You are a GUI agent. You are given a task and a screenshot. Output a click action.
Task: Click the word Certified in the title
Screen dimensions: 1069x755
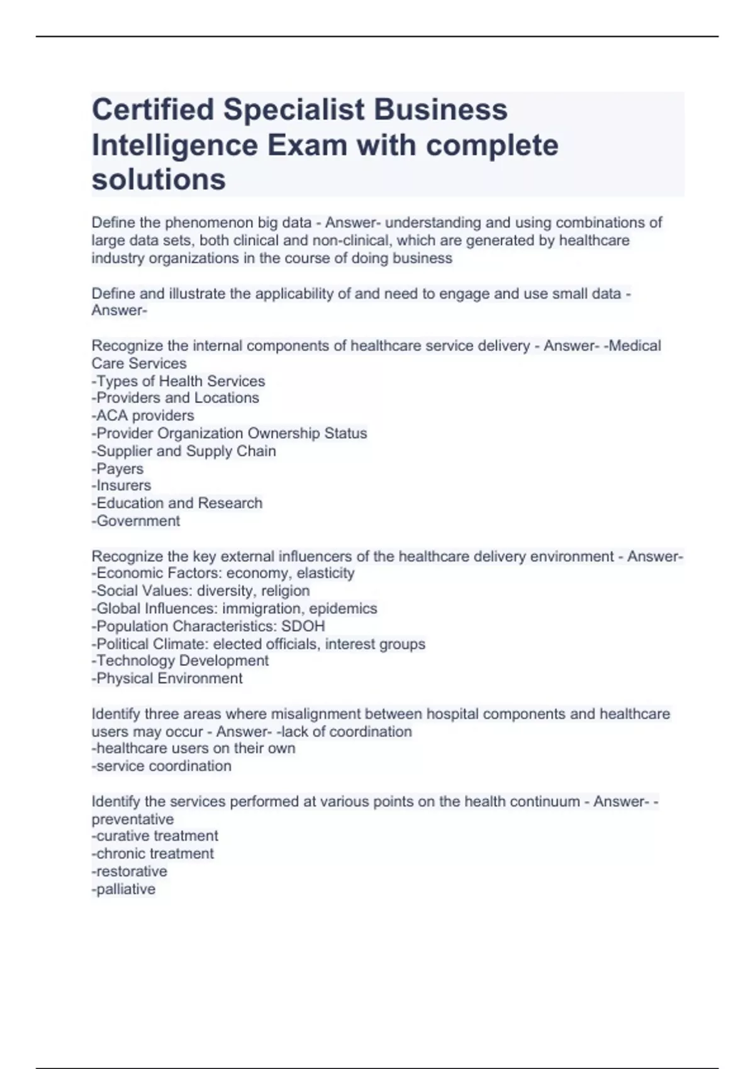click(153, 109)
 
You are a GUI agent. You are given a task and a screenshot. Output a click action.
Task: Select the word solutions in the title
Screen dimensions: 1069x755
click(159, 180)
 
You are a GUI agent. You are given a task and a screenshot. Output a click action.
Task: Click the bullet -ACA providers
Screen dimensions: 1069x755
click(143, 416)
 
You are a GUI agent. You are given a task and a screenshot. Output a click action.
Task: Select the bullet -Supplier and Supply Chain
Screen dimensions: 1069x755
click(184, 451)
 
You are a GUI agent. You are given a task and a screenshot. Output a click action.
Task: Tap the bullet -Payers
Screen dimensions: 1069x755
click(118, 468)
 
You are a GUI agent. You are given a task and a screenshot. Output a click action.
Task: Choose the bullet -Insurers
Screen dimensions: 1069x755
click(121, 485)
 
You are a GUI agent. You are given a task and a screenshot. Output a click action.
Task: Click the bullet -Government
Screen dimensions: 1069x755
click(136, 521)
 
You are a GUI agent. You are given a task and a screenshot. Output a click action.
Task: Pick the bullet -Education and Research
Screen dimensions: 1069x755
click(177, 503)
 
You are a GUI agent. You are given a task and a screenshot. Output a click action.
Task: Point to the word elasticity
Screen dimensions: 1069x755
click(325, 573)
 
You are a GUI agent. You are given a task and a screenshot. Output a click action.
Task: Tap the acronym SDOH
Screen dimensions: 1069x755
click(303, 626)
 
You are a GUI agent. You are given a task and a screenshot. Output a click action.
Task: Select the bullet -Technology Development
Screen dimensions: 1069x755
click(180, 660)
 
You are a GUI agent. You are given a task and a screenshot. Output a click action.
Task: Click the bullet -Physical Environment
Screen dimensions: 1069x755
click(167, 679)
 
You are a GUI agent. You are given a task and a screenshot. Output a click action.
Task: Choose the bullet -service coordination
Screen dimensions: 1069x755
click(161, 766)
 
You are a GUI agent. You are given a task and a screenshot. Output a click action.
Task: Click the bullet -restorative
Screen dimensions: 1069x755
click(129, 872)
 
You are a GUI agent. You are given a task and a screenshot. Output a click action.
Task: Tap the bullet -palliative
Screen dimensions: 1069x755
click(123, 889)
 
